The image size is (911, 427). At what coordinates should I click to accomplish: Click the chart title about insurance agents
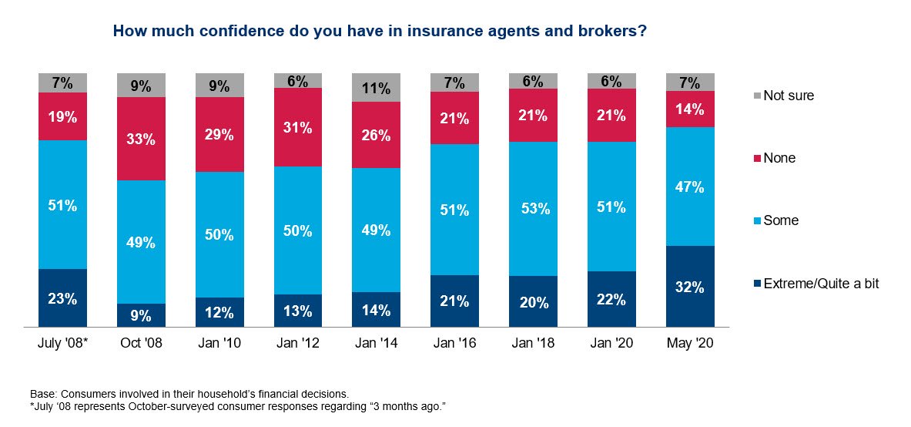point(379,32)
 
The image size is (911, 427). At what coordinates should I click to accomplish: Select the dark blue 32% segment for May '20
point(690,286)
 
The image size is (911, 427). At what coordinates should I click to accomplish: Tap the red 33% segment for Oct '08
point(141,139)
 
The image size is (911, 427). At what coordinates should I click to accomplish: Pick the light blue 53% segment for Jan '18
point(533,208)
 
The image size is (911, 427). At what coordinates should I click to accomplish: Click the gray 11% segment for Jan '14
point(376,88)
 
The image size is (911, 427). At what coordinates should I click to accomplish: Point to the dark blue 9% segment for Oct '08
point(141,314)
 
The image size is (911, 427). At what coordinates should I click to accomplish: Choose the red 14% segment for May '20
point(690,109)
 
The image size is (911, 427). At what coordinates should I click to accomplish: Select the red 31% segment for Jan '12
point(297,127)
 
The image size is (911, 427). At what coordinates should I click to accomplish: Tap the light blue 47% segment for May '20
point(690,186)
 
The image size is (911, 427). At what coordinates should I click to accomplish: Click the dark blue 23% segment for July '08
point(63,298)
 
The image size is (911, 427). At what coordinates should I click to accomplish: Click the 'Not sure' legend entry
point(782,96)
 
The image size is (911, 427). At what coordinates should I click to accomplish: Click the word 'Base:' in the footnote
point(44,392)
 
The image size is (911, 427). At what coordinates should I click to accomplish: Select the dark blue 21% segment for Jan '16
point(455,301)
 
